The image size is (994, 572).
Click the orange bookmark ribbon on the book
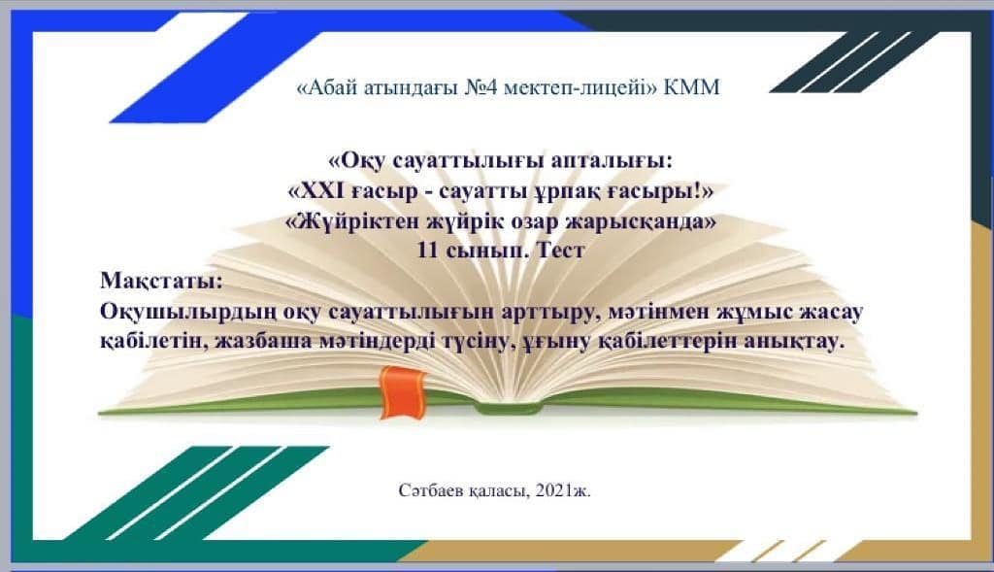402,392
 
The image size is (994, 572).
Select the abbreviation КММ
691,87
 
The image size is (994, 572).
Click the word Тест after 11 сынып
560,250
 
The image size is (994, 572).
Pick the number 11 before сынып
428,250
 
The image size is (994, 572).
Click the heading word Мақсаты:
162,281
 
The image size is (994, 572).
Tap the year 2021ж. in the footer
563,490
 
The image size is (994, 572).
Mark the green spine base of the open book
507,409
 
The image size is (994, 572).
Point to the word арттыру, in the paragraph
551,313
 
